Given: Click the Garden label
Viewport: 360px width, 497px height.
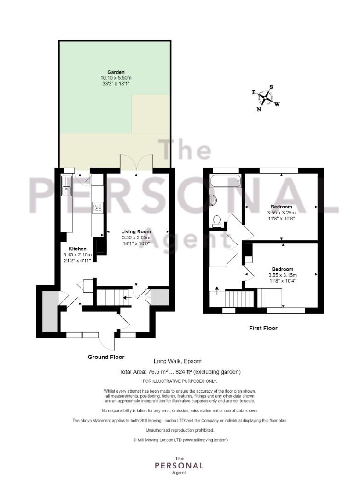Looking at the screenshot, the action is coord(116,72).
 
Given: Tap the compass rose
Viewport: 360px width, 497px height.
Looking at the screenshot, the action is coord(266,98).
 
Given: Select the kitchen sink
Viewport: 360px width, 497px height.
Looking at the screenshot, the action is coord(67,186).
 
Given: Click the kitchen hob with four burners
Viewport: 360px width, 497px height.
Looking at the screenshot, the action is coord(98,208).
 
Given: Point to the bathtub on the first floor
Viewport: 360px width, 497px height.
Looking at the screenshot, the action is coord(226,181).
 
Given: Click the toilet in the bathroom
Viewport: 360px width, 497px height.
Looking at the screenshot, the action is coord(217,220).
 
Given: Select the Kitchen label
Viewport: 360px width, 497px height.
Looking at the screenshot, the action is coord(77,249).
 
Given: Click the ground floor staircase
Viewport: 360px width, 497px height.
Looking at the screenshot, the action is coord(114,297).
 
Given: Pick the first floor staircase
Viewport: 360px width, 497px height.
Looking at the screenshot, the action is coord(239,299).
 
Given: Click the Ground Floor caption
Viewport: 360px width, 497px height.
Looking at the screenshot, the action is coord(106,357).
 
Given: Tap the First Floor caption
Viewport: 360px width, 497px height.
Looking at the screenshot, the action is coord(263,328).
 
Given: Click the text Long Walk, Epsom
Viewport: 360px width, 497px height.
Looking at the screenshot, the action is coord(178,361).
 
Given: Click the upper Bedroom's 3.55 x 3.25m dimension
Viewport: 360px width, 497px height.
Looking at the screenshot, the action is coord(281,212).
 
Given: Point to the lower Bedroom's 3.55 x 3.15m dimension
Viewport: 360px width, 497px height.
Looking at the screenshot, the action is coord(283,275).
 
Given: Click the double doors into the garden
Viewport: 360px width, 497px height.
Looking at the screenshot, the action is coord(137,162).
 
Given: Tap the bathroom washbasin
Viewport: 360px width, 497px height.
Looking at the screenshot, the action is coord(213,199).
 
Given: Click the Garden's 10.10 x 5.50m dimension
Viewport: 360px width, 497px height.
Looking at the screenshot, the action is coord(116,78).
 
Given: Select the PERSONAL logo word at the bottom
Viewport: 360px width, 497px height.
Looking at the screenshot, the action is coord(179,466).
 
